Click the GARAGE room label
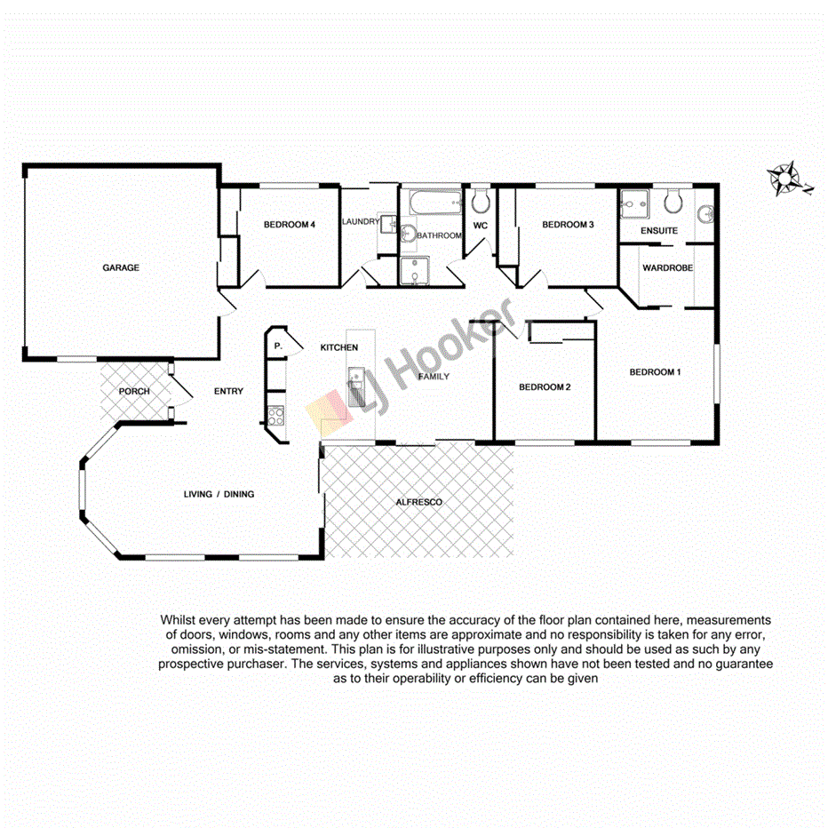coord(121,267)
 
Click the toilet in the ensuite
coord(672,203)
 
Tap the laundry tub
coord(387,226)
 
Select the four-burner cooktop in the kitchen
coord(275,413)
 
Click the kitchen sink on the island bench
coord(355,388)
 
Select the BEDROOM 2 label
coord(544,387)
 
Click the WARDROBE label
coord(667,267)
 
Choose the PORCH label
coord(134,391)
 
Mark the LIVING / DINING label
coord(219,494)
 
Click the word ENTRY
coord(228,391)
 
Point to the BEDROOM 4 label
coord(290,225)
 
